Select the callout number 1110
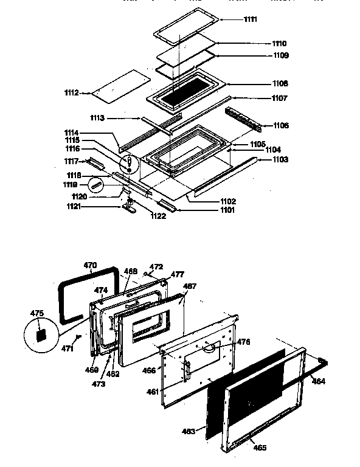279,44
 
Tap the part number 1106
281,125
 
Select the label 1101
212,210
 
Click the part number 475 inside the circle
37,314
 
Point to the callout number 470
90,265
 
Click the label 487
190,285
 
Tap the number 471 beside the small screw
67,348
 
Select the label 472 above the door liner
157,267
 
